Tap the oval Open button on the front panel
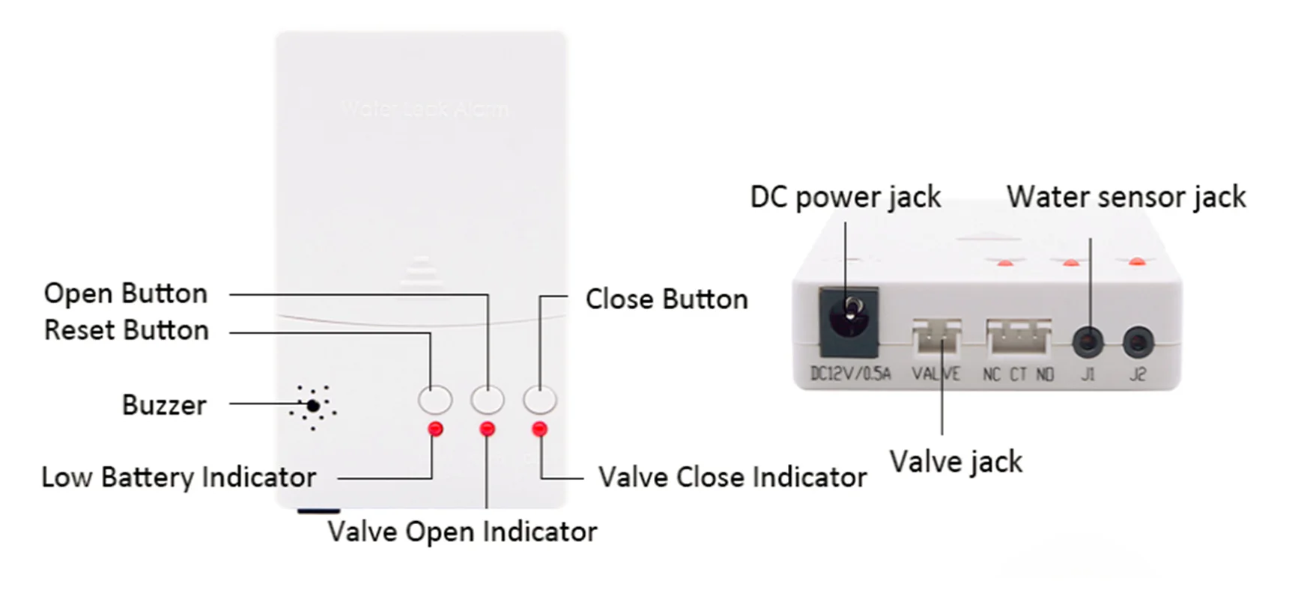[x=488, y=400]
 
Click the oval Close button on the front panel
[x=540, y=400]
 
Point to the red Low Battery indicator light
[x=435, y=429]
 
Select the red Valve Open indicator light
[x=488, y=429]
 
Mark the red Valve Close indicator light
[x=539, y=429]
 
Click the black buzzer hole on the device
[x=313, y=406]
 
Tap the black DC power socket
[x=849, y=322]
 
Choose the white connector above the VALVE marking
[x=936, y=335]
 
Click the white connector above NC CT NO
[x=1019, y=337]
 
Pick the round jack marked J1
[x=1088, y=343]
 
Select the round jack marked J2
[x=1138, y=343]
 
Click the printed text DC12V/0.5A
[x=851, y=374]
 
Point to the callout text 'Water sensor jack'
[x=1126, y=197]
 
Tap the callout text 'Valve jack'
[x=956, y=462]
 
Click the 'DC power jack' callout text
[x=845, y=197]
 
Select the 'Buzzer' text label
[x=164, y=405]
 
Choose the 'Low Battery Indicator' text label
[x=179, y=477]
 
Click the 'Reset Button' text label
[x=126, y=330]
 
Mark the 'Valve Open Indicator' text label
[x=462, y=532]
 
